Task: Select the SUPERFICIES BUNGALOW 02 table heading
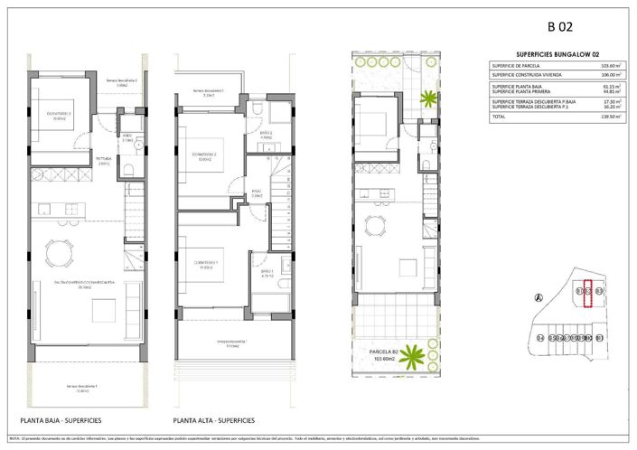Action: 554,54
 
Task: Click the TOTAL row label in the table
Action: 499,117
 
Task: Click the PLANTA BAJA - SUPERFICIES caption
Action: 61,421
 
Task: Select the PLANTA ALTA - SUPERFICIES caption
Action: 214,421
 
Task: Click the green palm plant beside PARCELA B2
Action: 414,355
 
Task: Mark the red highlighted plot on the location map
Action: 588,295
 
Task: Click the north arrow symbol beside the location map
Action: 539,297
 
